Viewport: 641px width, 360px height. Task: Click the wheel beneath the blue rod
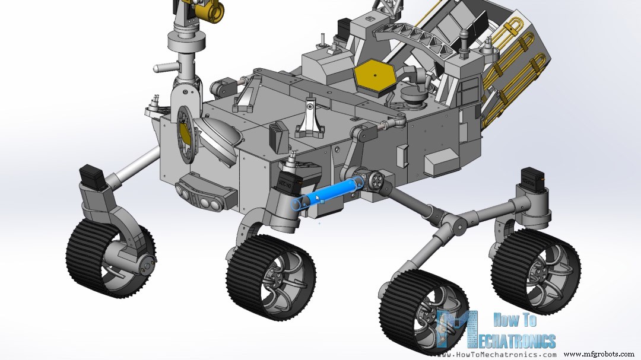271,276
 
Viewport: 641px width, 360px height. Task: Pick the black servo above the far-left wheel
93,176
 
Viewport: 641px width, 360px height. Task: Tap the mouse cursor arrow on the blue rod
319,198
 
